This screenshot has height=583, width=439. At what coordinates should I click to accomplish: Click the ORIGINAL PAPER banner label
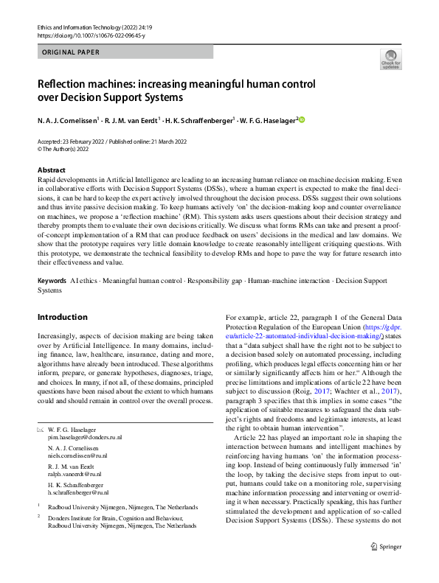pyautogui.click(x=69, y=52)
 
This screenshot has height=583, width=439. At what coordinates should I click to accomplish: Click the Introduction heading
pyautogui.click(x=62, y=317)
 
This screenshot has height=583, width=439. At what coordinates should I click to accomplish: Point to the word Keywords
pyautogui.click(x=51, y=282)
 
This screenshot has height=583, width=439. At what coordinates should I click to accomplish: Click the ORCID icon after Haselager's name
pyautogui.click(x=301, y=119)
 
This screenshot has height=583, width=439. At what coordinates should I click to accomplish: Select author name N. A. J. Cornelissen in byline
pyautogui.click(x=69, y=120)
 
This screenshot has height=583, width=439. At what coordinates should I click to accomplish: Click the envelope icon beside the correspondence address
pyautogui.click(x=41, y=429)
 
